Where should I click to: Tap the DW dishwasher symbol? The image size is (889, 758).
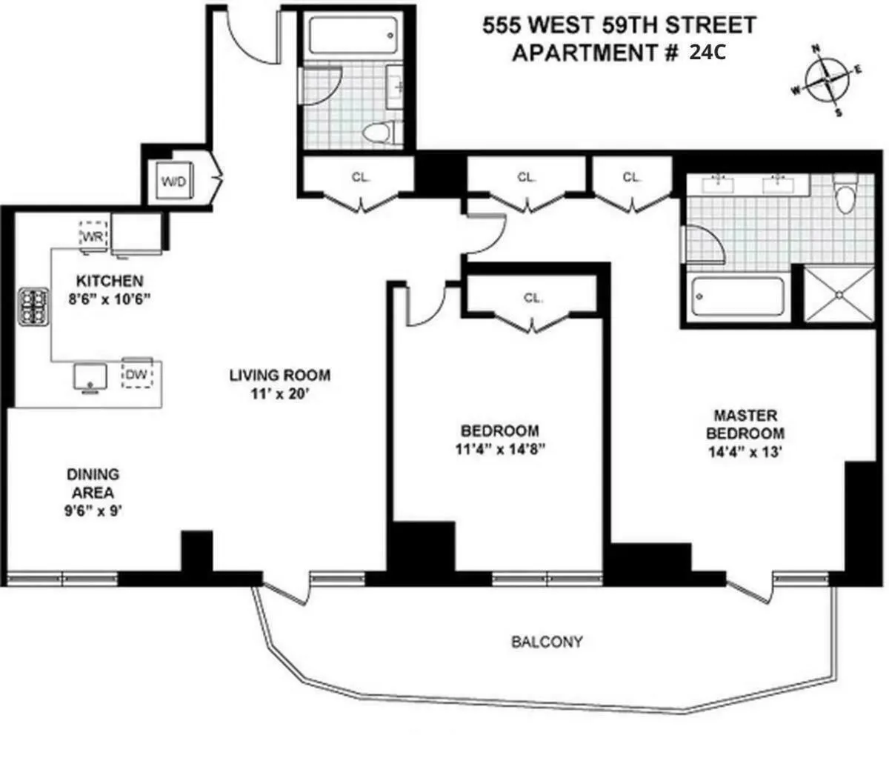(x=136, y=374)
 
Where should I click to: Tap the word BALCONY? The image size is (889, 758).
(x=547, y=642)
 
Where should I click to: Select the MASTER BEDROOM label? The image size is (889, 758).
(x=745, y=425)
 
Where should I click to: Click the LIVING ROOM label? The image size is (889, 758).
(x=279, y=375)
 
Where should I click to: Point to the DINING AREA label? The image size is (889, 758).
(x=93, y=483)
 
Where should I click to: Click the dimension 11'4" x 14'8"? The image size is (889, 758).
(x=499, y=449)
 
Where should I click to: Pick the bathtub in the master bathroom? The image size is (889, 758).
(x=736, y=299)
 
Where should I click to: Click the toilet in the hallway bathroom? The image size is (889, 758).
(x=382, y=133)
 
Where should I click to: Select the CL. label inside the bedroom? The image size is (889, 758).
(x=532, y=298)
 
